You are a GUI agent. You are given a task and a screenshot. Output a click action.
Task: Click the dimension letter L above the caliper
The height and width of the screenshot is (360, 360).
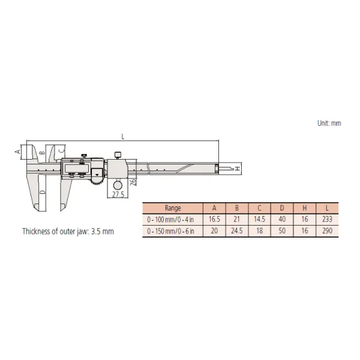click(x=123, y=137)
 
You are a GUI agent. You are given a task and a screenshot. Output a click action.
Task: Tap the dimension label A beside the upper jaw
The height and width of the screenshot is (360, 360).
click(x=17, y=152)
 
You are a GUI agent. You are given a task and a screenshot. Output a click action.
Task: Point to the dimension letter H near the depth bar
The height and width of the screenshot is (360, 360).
click(x=238, y=169)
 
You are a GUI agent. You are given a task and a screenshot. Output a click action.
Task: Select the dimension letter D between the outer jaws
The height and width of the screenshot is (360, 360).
click(x=43, y=192)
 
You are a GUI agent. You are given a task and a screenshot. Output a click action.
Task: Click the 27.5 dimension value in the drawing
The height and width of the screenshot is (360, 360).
click(x=118, y=194)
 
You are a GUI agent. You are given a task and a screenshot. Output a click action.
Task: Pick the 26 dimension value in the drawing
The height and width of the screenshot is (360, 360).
click(x=133, y=182)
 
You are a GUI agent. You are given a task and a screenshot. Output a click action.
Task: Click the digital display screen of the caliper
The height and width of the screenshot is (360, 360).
click(x=76, y=168)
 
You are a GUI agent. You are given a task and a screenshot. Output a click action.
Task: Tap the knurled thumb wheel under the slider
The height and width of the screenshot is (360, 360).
click(x=98, y=180)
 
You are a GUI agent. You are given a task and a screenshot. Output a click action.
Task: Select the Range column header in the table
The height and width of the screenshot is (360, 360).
click(x=173, y=208)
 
